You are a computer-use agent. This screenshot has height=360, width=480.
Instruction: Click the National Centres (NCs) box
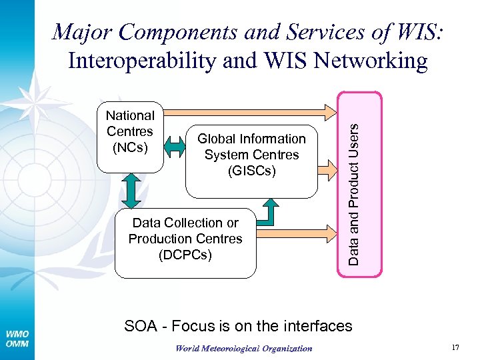[x=131, y=136]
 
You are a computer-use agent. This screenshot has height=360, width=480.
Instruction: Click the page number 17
[x=455, y=347]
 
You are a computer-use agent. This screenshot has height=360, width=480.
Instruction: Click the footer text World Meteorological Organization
[x=243, y=348]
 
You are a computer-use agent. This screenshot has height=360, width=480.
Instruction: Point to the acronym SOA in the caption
[x=141, y=326]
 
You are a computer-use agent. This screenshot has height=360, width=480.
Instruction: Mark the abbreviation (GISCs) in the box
[x=251, y=171]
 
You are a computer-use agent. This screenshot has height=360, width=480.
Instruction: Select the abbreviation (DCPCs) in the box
[x=185, y=254]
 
